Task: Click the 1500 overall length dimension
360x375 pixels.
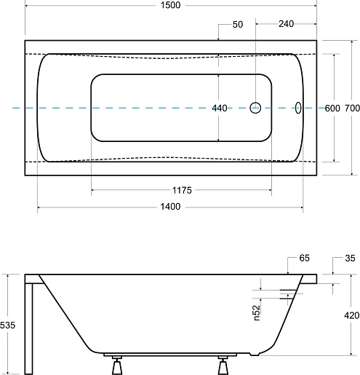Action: [171, 5]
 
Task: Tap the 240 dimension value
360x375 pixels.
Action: [286, 24]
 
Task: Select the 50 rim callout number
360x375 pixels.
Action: [238, 25]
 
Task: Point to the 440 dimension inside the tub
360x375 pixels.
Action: [220, 108]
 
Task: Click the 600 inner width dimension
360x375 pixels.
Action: [332, 108]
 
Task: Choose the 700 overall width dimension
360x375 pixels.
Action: [352, 108]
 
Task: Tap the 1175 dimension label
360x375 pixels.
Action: [182, 190]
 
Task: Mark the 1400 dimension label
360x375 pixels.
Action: [170, 207]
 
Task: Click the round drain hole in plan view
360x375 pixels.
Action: [255, 108]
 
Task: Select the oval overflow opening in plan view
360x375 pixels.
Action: [298, 108]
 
